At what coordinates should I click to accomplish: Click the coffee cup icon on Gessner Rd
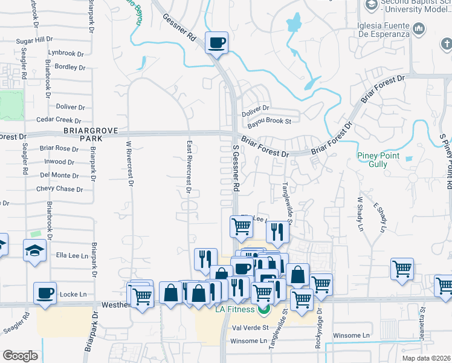point(216,43)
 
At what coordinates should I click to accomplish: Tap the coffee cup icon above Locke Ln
point(45,293)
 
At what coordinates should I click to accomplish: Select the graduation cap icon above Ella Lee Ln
point(34,250)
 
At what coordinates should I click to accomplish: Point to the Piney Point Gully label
point(381,160)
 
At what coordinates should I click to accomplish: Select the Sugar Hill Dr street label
point(35,39)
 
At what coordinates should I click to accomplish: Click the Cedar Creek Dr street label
point(59,120)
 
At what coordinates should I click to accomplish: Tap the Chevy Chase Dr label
point(59,189)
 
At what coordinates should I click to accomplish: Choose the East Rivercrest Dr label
point(189,167)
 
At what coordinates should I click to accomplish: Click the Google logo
point(20,356)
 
